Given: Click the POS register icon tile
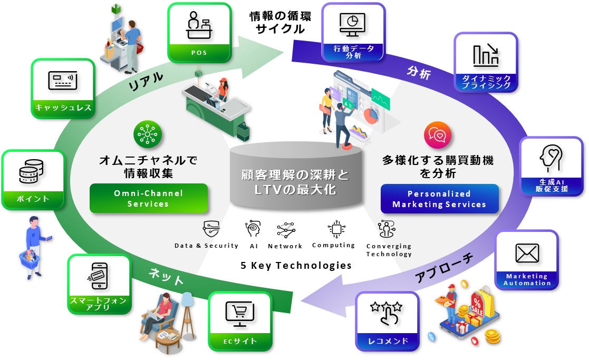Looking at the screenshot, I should point(199,32).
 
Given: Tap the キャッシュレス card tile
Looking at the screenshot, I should point(63,87).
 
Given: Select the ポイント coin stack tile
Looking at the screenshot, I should point(33,179).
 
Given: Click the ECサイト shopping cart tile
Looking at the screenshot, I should point(240,320).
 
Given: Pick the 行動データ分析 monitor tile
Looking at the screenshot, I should point(353,32).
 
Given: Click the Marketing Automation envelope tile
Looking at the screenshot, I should point(527,259).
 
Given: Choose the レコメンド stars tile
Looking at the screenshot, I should point(387,320).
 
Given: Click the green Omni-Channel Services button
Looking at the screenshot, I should point(149,198).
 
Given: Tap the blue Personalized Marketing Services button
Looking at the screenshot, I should point(439,199).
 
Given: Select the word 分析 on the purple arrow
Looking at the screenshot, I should point(419,73).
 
